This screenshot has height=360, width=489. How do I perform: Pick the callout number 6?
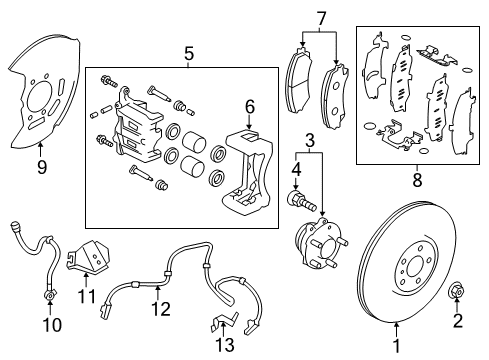[x=251, y=105]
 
